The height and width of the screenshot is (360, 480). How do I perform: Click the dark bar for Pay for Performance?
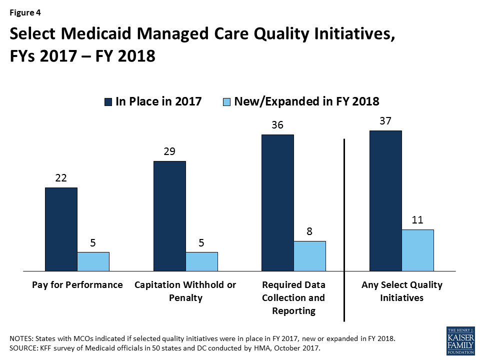pos(61,229)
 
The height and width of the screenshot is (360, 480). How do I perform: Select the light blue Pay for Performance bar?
pos(93,261)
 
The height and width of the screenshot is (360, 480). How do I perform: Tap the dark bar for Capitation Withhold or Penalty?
pos(169,215)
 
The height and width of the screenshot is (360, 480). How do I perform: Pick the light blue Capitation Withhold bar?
pos(201,261)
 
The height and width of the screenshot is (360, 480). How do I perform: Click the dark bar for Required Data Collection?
pos(277,202)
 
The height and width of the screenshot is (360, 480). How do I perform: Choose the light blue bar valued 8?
pos(309,255)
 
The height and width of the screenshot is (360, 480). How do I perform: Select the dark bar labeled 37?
pos(385,200)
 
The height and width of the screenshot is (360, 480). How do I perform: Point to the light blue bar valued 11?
pos(417,250)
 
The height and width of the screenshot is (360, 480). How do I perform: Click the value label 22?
pos(61,178)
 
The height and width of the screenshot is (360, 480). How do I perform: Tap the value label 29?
pos(169,152)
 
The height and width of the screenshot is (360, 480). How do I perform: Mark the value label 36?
pos(277,125)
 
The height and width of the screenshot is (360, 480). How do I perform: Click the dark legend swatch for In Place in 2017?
pos(108,101)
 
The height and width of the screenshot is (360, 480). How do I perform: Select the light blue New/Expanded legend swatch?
pos(227,101)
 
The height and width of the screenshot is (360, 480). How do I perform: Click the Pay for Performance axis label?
pos(77,285)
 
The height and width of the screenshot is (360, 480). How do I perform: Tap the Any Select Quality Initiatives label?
pos(401,291)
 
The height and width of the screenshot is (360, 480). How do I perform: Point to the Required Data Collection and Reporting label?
pos(293,297)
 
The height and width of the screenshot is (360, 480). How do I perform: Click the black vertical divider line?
pos(344,230)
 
